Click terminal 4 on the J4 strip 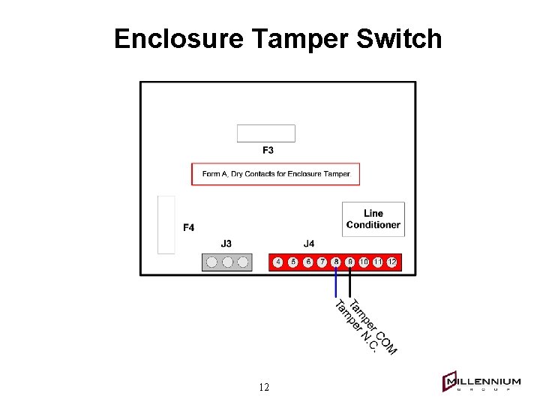click(278, 262)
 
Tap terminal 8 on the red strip click(336, 262)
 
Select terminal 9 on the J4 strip click(349, 262)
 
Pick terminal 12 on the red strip click(391, 262)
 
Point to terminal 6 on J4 click(307, 262)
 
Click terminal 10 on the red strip click(364, 262)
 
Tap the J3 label click(226, 244)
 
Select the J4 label click(309, 244)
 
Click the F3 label click(268, 150)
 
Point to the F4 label click(189, 227)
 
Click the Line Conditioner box click(373, 219)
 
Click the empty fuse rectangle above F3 click(265, 133)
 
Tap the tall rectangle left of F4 click(166, 224)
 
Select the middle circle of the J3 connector click(227, 262)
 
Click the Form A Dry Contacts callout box click(275, 174)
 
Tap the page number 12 click(264, 388)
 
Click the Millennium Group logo click(481, 382)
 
